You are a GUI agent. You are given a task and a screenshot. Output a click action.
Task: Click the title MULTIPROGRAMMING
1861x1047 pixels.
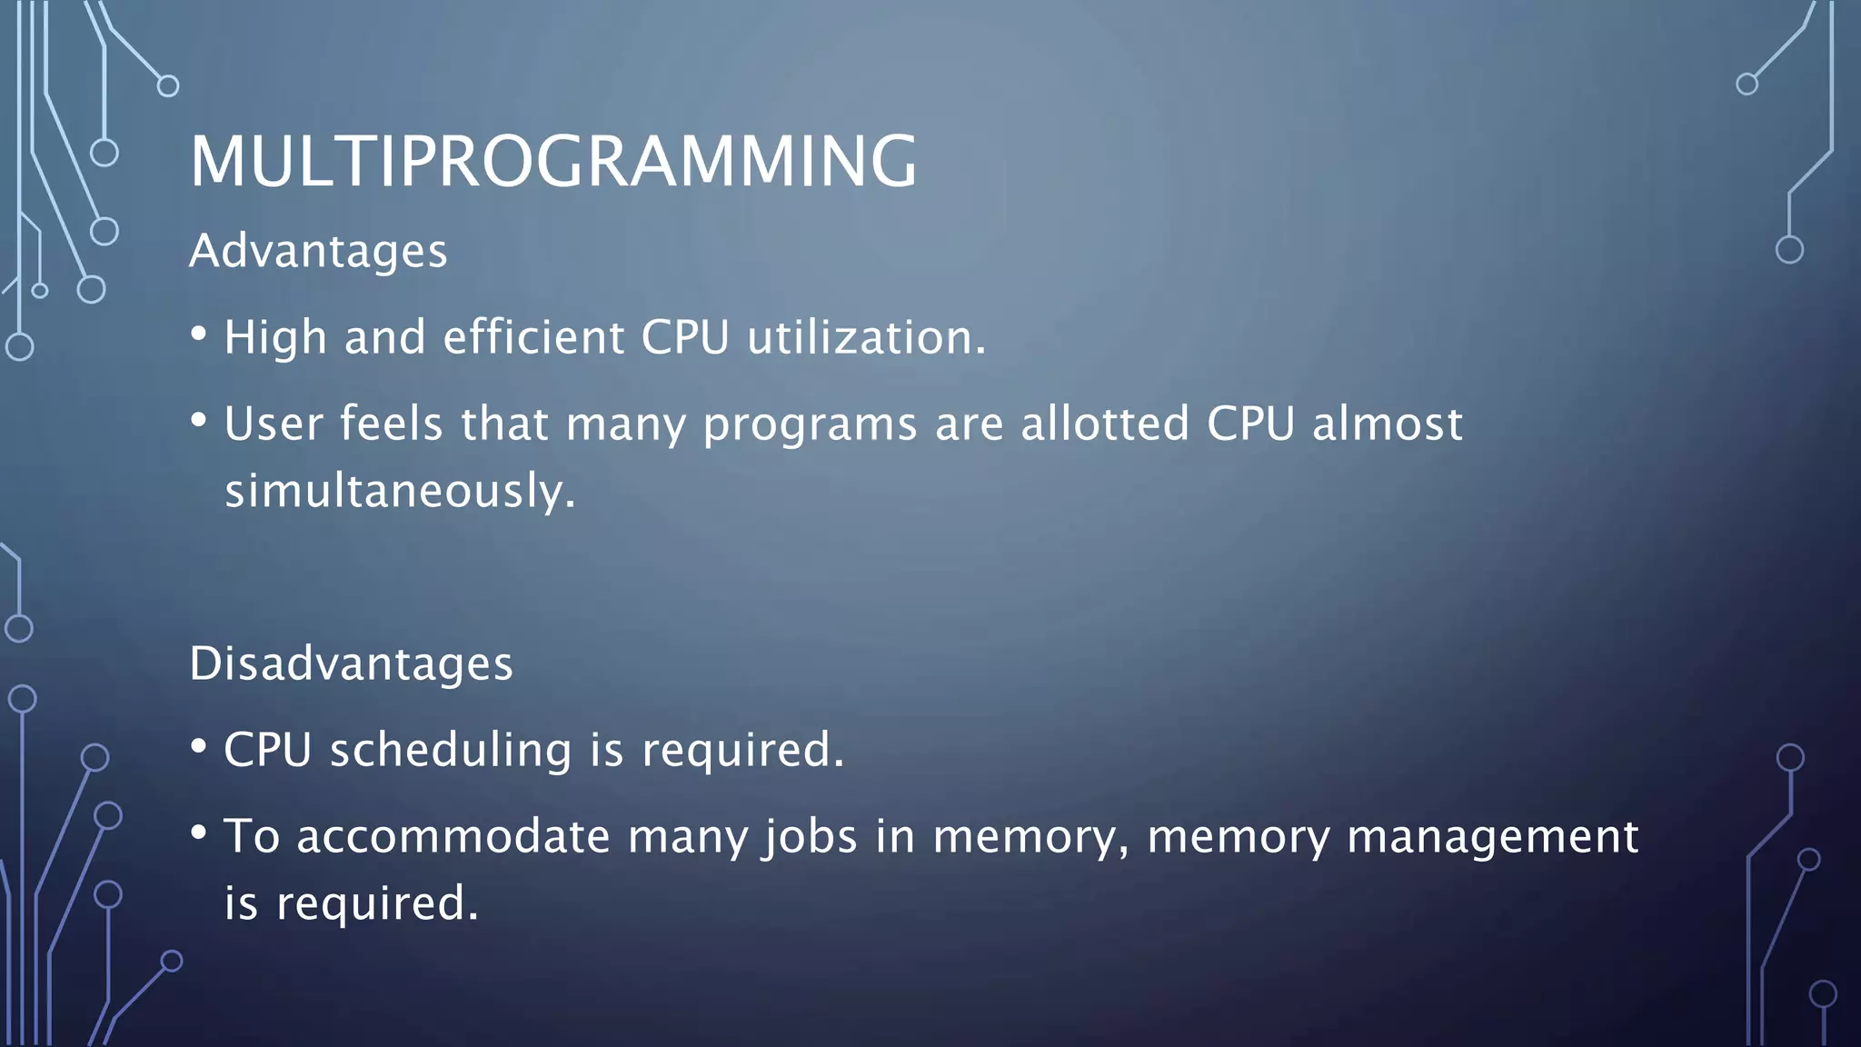[x=552, y=161]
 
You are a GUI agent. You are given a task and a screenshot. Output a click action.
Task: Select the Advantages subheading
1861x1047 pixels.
[x=318, y=251]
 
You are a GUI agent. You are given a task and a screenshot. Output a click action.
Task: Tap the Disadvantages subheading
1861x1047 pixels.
[x=351, y=663]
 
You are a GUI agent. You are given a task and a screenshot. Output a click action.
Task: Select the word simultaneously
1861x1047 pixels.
[x=400, y=491]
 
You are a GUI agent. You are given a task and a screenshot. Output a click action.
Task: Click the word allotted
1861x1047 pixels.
[x=1104, y=424]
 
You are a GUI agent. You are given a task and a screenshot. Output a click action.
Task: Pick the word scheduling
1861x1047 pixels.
[x=451, y=750]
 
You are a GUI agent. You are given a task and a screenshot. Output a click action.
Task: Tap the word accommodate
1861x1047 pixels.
[x=453, y=836]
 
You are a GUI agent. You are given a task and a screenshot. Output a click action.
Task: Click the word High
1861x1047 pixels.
[x=274, y=337]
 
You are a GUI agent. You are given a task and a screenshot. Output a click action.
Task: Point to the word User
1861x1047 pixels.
[x=274, y=424]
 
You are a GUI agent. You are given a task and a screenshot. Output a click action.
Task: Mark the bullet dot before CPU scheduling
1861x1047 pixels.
[x=199, y=747]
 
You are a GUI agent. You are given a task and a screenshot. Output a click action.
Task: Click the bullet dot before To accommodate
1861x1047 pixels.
[x=199, y=833]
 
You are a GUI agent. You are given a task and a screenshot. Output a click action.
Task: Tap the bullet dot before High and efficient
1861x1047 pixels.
[x=199, y=334]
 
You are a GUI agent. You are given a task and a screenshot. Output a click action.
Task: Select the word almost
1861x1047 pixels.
[x=1387, y=424]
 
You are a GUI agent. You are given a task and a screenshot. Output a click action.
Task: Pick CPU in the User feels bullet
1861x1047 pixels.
[x=1249, y=424]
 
